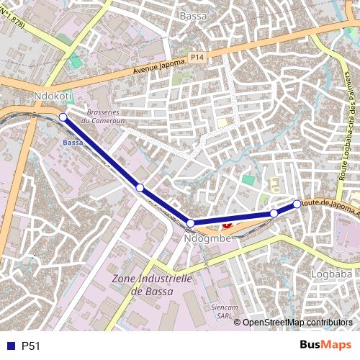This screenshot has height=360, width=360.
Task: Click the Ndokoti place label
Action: click(53, 96)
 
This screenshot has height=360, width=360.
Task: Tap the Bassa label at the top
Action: click(192, 15)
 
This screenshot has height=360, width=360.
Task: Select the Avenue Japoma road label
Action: click(159, 67)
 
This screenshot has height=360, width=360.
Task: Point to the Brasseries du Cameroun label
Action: click(106, 117)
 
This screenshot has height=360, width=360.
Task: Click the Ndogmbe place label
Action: click(207, 238)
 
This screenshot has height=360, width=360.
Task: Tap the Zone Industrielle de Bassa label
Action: click(150, 284)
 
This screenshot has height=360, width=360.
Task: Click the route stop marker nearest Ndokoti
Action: click(63, 117)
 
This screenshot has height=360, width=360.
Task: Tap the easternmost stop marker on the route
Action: click(297, 204)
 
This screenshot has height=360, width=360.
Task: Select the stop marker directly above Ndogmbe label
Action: click(191, 223)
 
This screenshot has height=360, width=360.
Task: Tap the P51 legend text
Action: click(31, 346)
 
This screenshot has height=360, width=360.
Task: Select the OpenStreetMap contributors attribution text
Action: click(297, 322)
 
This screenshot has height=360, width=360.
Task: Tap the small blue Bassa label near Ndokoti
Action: click(73, 143)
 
